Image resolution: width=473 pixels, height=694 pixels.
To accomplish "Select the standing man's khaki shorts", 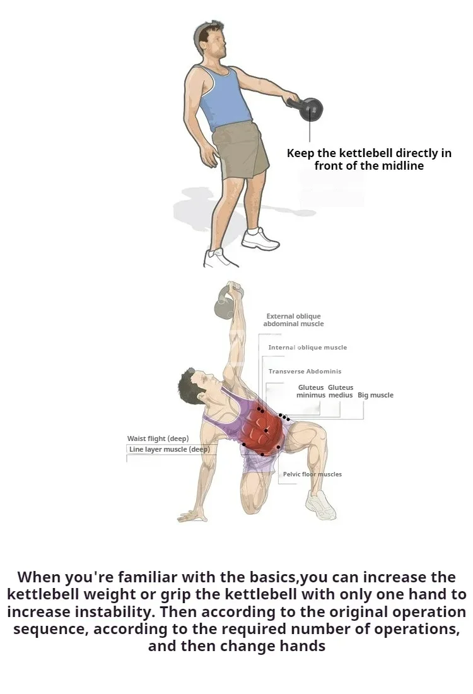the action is pos(240,150).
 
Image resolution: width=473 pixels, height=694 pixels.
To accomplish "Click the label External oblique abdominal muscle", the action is pos(293,320).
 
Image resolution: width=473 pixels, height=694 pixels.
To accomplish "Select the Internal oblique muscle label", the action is pos(308,348).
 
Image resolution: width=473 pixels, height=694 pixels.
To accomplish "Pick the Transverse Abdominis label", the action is pos(305,372).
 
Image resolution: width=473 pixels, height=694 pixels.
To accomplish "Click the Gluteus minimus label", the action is pos(311,391).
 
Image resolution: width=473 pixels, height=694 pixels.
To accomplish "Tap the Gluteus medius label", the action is pos(341,391).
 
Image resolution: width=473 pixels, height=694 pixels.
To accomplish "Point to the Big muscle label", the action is pos(375,395).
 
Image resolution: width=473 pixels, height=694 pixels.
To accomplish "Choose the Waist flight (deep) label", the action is pos(158,438).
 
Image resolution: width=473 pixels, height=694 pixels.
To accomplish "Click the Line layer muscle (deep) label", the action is pos(169,449).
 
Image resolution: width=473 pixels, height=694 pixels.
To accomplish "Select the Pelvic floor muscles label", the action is pos(312,474).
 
